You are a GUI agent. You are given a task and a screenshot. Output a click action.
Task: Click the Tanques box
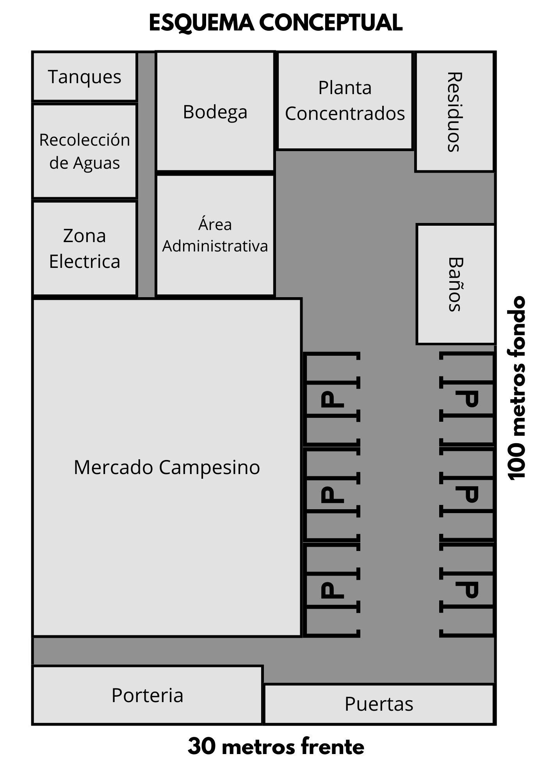[x=84, y=77]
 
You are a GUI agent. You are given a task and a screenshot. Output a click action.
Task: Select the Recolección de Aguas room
[x=84, y=151]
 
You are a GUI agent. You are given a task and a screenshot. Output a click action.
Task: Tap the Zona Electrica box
[x=84, y=248]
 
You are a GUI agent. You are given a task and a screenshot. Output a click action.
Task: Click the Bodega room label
[x=215, y=112]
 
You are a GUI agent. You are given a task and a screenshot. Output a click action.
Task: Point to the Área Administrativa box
[x=215, y=235]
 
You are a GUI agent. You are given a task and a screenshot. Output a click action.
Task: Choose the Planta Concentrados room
[x=345, y=101]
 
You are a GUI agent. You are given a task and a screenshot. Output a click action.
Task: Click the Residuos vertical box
[x=455, y=112]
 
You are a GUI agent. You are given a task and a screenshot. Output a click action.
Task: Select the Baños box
[x=456, y=284]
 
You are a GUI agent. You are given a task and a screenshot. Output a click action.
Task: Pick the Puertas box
[x=379, y=704]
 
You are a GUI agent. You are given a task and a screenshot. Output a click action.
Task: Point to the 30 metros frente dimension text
[x=276, y=746]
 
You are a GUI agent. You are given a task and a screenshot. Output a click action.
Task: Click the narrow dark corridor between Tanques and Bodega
[x=146, y=174]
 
